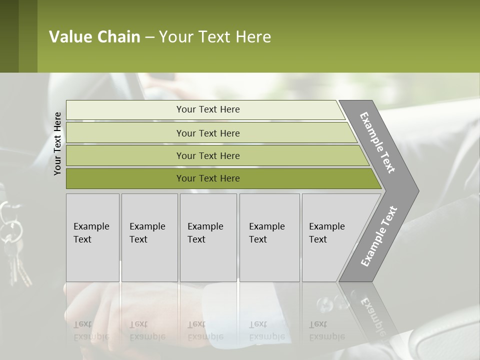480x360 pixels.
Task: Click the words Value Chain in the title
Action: tap(94, 37)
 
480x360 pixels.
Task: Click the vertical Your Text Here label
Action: tap(57, 143)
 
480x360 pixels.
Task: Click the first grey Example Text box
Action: tap(92, 237)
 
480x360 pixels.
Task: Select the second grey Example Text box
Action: tap(149, 237)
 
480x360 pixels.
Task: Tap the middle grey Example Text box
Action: tap(207, 237)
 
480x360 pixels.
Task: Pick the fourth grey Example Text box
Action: tap(269, 237)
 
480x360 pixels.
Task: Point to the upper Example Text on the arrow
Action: tap(378, 142)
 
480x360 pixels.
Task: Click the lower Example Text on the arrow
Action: tap(378, 236)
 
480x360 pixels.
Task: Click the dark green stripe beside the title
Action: tap(9, 36)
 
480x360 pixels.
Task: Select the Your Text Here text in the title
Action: tap(215, 37)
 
